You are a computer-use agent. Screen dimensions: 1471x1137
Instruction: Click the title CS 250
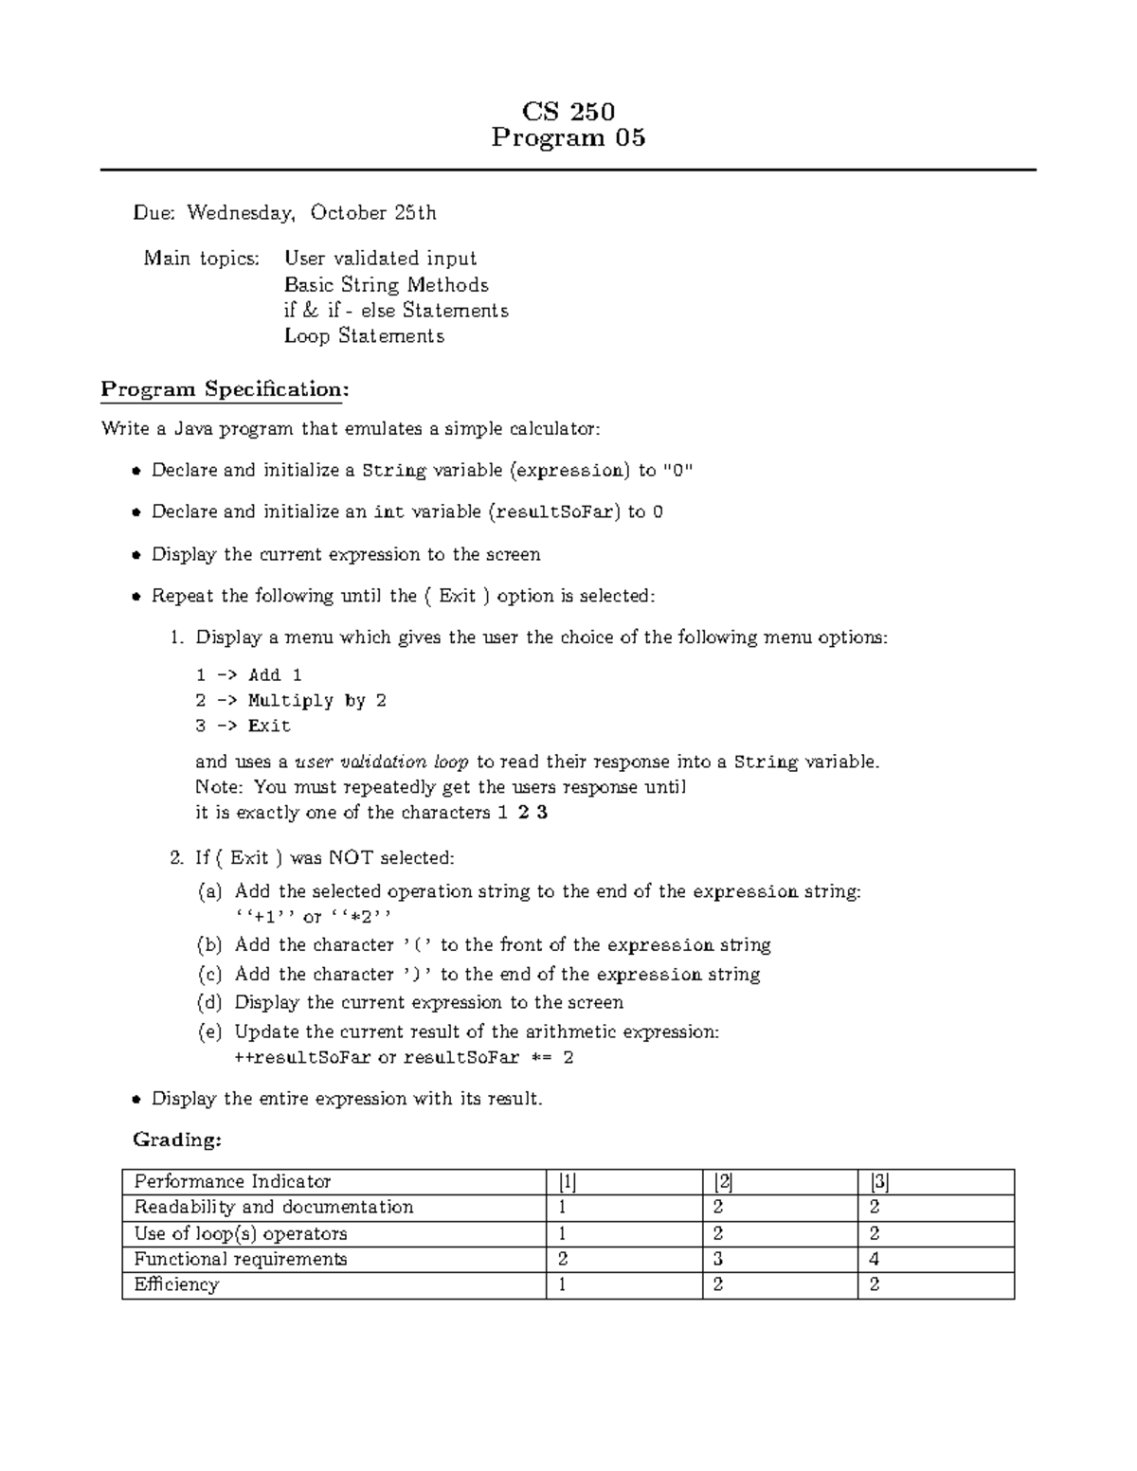[568, 112]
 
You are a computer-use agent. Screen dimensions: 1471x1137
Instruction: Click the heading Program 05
[568, 138]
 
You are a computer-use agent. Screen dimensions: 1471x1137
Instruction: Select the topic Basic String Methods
[387, 285]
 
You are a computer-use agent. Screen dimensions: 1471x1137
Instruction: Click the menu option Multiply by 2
[316, 701]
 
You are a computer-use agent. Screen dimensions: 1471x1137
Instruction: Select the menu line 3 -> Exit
[243, 727]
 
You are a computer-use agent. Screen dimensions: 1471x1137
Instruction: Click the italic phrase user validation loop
[382, 762]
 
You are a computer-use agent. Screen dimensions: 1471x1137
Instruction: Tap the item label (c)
[209, 975]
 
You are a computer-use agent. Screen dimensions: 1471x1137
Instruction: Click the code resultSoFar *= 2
[489, 1058]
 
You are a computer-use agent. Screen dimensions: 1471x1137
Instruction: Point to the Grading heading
[176, 1140]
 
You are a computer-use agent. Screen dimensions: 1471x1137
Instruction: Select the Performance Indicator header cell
[232, 1182]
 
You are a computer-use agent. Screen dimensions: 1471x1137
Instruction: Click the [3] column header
[878, 1182]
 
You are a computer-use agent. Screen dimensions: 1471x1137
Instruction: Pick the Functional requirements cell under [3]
[875, 1260]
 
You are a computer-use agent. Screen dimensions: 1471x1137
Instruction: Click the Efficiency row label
[176, 1285]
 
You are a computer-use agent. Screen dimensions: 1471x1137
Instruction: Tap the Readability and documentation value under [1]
[563, 1208]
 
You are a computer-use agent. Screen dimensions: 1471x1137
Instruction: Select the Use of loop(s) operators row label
[241, 1234]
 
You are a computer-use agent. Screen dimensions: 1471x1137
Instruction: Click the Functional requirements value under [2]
[718, 1260]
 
